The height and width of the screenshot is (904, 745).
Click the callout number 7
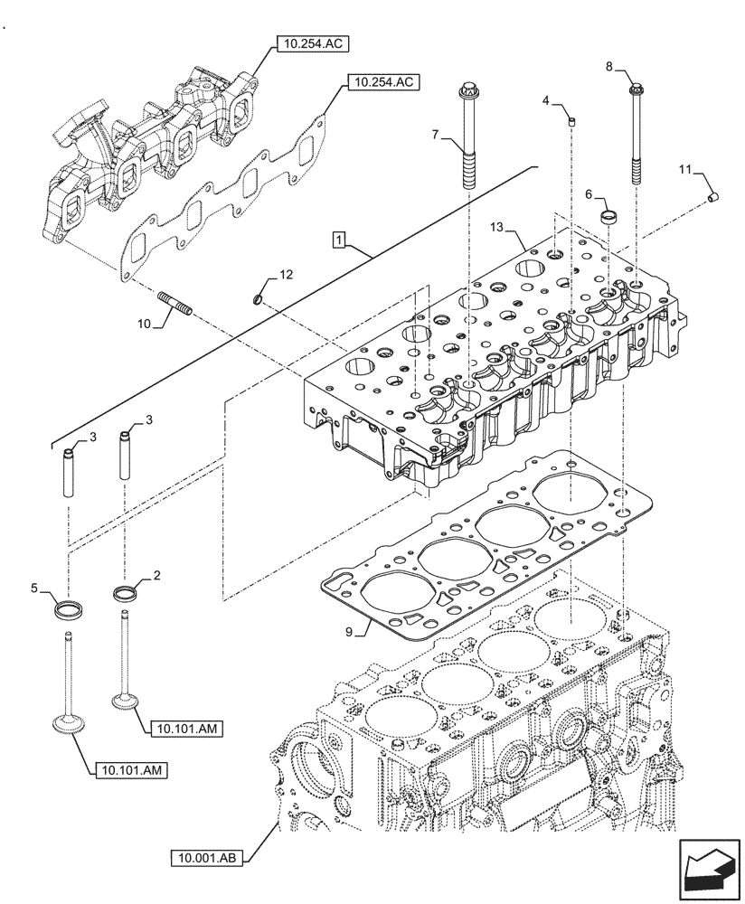[x=435, y=135]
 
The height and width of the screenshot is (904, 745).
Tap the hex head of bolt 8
[x=636, y=89]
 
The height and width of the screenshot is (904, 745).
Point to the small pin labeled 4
[x=571, y=121]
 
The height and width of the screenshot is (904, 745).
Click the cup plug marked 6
[x=609, y=216]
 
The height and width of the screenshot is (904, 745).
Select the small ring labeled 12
[x=259, y=298]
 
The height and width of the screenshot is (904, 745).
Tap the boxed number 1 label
[x=337, y=240]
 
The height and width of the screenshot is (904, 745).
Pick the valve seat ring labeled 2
[x=124, y=594]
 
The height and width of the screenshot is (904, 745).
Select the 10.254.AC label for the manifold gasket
[x=381, y=82]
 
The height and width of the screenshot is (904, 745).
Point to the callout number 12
[x=286, y=272]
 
